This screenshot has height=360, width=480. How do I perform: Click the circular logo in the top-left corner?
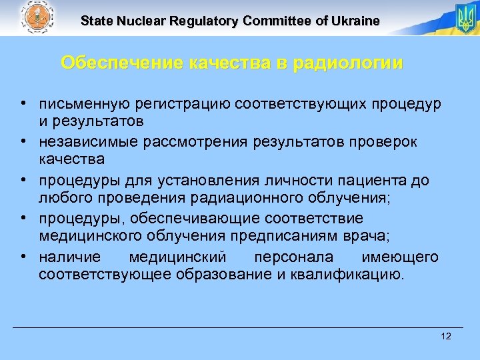point(35,18)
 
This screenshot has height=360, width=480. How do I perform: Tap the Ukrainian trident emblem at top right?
point(464,18)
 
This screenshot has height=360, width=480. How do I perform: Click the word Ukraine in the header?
point(355,21)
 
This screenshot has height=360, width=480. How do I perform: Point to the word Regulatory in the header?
point(206,21)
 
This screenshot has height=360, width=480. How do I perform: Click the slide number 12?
point(446,336)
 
